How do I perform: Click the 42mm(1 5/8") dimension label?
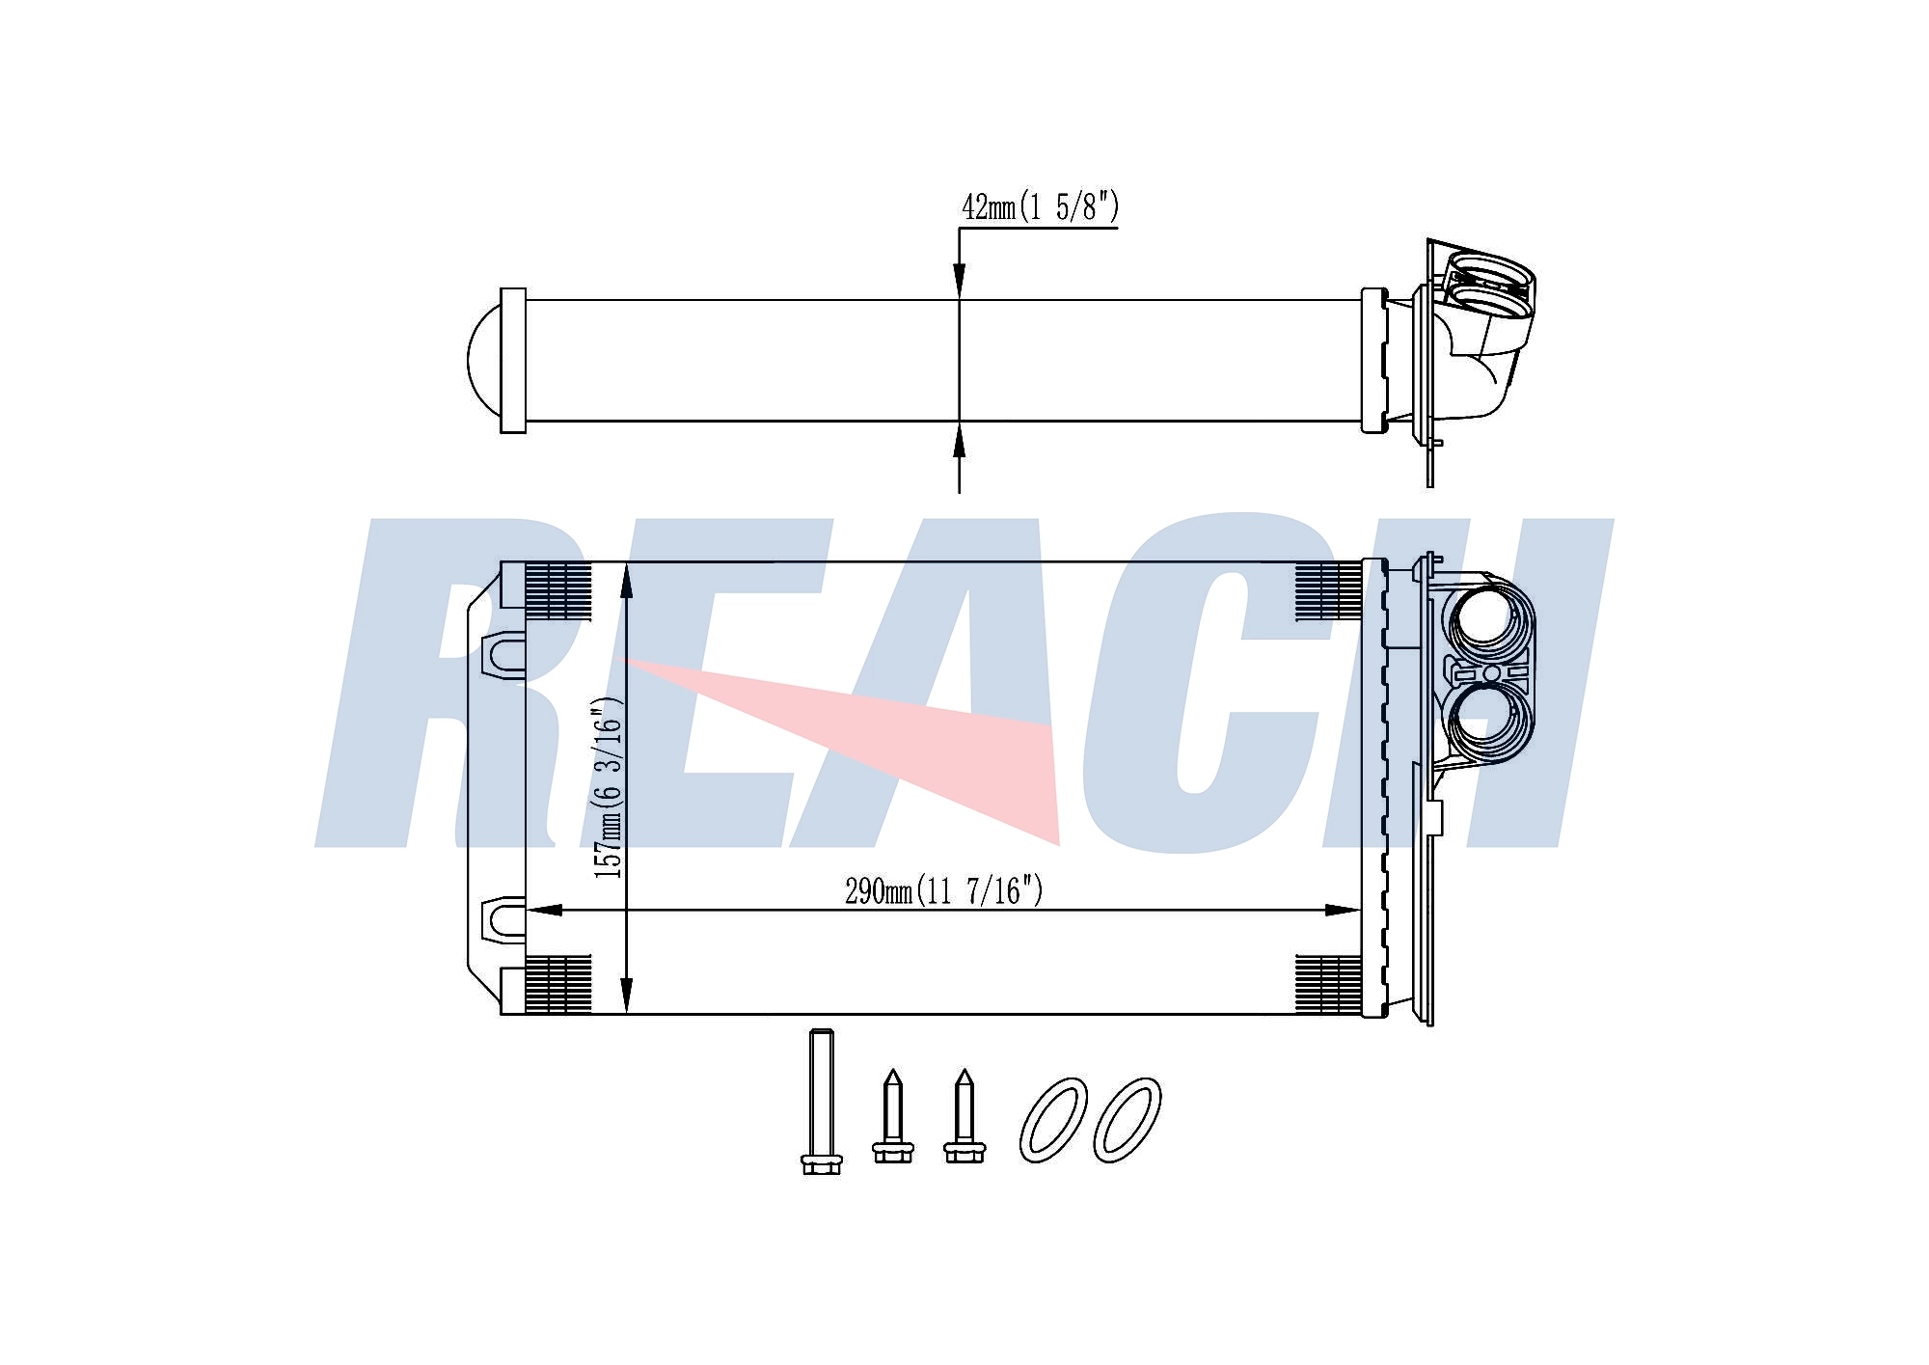click(1040, 207)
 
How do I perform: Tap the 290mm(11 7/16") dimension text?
click(944, 890)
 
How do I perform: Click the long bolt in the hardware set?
click(821, 1101)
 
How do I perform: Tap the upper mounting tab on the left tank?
click(503, 653)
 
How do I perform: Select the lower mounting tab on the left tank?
click(503, 919)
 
